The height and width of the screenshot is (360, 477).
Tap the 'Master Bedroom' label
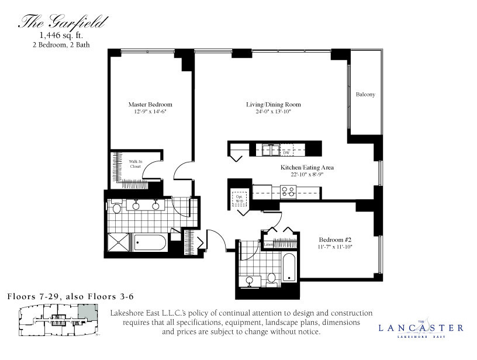pyautogui.click(x=150, y=105)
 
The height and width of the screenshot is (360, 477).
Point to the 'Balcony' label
pyautogui.click(x=365, y=94)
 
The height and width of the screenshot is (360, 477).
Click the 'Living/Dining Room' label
pyautogui.click(x=268, y=105)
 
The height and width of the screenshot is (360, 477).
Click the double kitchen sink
pyautogui.click(x=271, y=148)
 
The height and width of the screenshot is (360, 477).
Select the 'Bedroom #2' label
pyautogui.click(x=335, y=240)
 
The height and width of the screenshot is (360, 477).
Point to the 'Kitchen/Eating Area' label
pyautogui.click(x=306, y=167)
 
